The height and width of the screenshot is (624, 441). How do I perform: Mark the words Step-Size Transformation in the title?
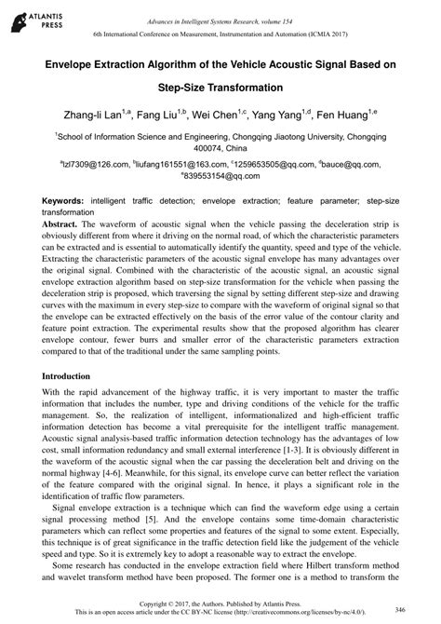pos(220,87)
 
